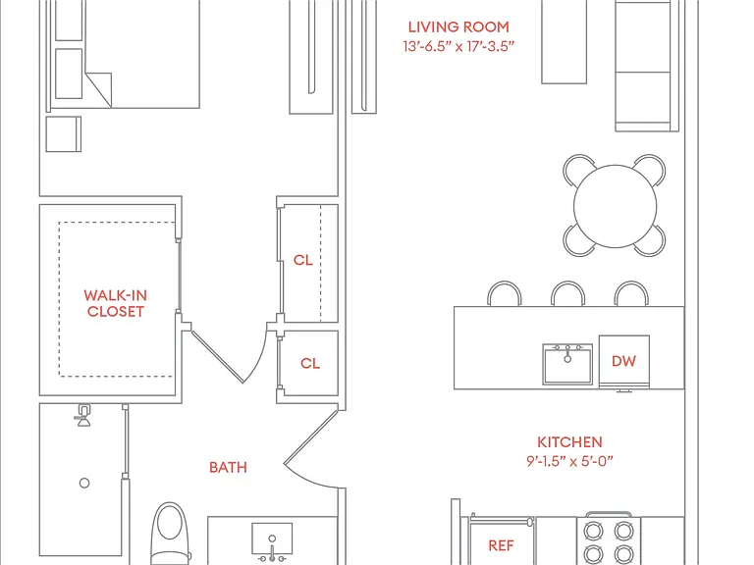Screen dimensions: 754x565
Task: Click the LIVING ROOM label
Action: [458, 26]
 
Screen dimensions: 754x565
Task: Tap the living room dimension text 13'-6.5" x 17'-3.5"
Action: [458, 47]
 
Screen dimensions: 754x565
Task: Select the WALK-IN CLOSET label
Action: [116, 303]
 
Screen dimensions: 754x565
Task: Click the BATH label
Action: [228, 468]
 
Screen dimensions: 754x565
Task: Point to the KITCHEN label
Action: [569, 442]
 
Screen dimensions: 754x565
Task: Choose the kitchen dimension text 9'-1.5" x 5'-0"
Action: [569, 461]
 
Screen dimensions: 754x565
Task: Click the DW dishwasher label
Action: [623, 361]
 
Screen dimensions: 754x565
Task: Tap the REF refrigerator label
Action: [501, 545]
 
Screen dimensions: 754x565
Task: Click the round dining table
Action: [615, 206]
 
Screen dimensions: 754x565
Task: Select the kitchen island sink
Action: [567, 364]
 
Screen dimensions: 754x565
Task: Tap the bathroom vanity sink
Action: [272, 540]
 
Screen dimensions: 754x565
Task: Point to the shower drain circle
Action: [84, 483]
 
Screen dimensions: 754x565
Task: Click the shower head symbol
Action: [83, 416]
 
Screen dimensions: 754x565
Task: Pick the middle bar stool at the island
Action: [567, 293]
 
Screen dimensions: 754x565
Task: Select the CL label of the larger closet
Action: [303, 260]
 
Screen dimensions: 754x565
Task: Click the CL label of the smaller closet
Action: [310, 363]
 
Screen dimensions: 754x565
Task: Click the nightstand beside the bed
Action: [64, 134]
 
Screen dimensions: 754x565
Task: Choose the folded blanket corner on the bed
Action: [98, 89]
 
